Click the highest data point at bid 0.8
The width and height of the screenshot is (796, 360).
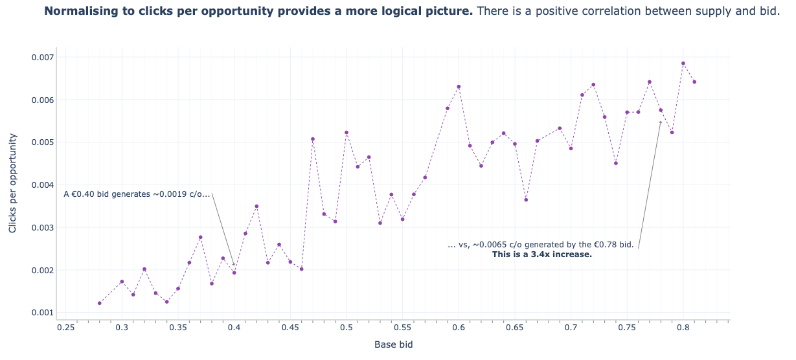point(683,63)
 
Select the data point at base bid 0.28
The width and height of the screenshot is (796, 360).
point(100,303)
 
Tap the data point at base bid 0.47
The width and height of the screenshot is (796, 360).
point(313,139)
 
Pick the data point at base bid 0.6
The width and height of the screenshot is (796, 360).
point(459,87)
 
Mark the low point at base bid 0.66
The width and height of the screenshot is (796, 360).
point(526,200)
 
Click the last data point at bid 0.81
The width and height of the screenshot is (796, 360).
point(694,82)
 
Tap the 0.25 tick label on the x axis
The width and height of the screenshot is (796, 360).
point(65,328)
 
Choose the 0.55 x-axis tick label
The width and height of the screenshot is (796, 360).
point(402,328)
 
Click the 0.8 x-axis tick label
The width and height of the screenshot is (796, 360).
point(683,328)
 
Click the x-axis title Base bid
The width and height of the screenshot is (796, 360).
point(393,344)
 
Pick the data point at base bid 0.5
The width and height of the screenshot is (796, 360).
point(347,133)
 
